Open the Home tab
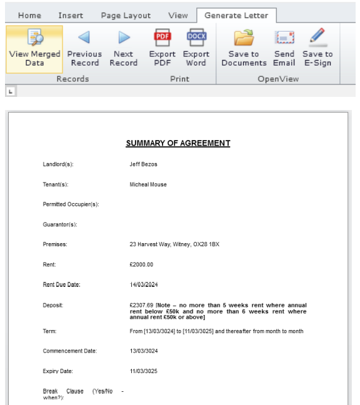29,16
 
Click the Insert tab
71,16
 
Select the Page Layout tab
126,16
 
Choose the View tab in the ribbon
178,16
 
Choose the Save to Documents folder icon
244,39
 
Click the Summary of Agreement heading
178,143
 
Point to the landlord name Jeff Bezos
144,164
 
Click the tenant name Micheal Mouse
148,184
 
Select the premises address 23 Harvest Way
174,244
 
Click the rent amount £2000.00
141,264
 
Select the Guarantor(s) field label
60,224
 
